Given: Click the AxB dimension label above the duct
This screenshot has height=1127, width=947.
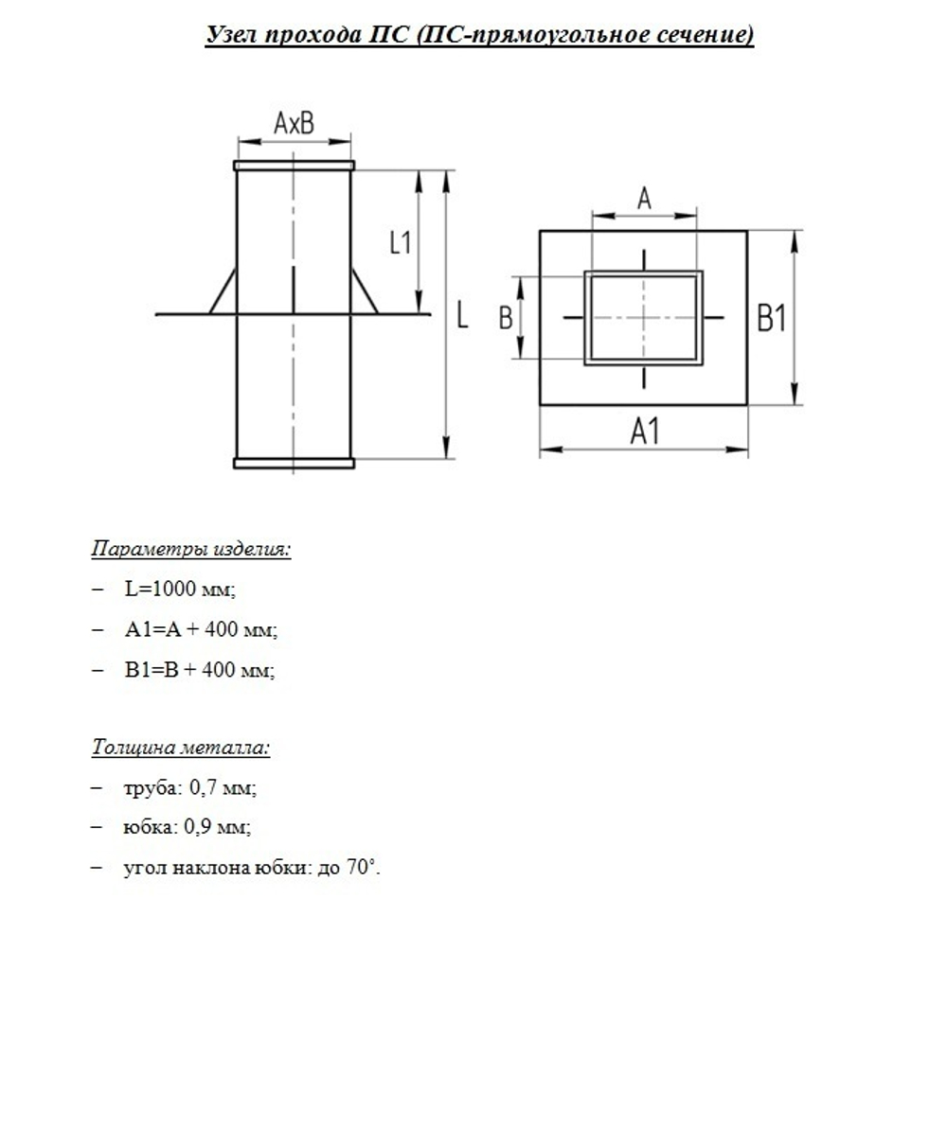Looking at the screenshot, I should [x=294, y=123].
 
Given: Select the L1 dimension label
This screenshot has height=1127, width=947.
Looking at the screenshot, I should [x=401, y=242].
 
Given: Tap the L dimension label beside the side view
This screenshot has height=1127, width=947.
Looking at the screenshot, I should [x=462, y=315].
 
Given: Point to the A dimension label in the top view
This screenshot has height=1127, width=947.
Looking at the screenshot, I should [x=644, y=199].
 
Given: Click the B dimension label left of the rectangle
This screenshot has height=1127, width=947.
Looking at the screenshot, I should [x=506, y=319].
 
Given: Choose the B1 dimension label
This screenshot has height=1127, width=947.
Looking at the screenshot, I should [x=772, y=319].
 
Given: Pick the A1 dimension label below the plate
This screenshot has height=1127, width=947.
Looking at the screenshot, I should [x=644, y=432].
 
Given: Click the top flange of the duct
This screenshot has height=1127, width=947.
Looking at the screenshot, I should [x=294, y=166].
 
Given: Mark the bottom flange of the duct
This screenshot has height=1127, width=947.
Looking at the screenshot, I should [x=294, y=463].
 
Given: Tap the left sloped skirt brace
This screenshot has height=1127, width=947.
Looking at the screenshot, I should [x=223, y=291].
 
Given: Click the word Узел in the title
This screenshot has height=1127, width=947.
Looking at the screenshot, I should [x=233, y=36].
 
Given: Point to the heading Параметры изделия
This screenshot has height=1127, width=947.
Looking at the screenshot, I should [x=191, y=549].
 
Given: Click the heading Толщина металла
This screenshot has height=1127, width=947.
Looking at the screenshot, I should [x=181, y=748].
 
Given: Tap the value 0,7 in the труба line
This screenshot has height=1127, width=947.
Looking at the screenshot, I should [x=205, y=787].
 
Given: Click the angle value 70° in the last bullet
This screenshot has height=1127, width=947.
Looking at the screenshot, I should [x=361, y=868].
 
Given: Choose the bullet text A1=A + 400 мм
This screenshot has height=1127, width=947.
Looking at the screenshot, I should [x=201, y=629].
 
